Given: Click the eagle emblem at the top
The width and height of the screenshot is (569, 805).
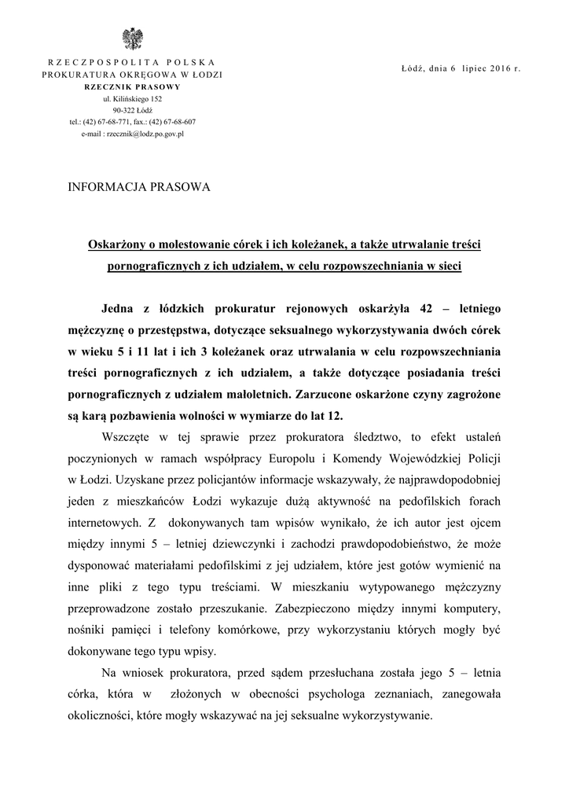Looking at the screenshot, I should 131,38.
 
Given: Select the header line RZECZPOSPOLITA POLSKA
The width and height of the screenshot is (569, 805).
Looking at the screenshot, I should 132,62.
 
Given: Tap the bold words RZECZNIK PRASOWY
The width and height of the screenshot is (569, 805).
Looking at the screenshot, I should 132,86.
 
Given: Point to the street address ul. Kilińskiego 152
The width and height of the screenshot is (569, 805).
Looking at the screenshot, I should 132,99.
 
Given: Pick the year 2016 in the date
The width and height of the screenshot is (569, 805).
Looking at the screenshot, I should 498,68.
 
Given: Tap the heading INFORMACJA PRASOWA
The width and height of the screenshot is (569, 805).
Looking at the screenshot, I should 140,187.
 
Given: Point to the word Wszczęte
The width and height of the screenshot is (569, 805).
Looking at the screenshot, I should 128,437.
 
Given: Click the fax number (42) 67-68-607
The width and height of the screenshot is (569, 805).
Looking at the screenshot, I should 174,123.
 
